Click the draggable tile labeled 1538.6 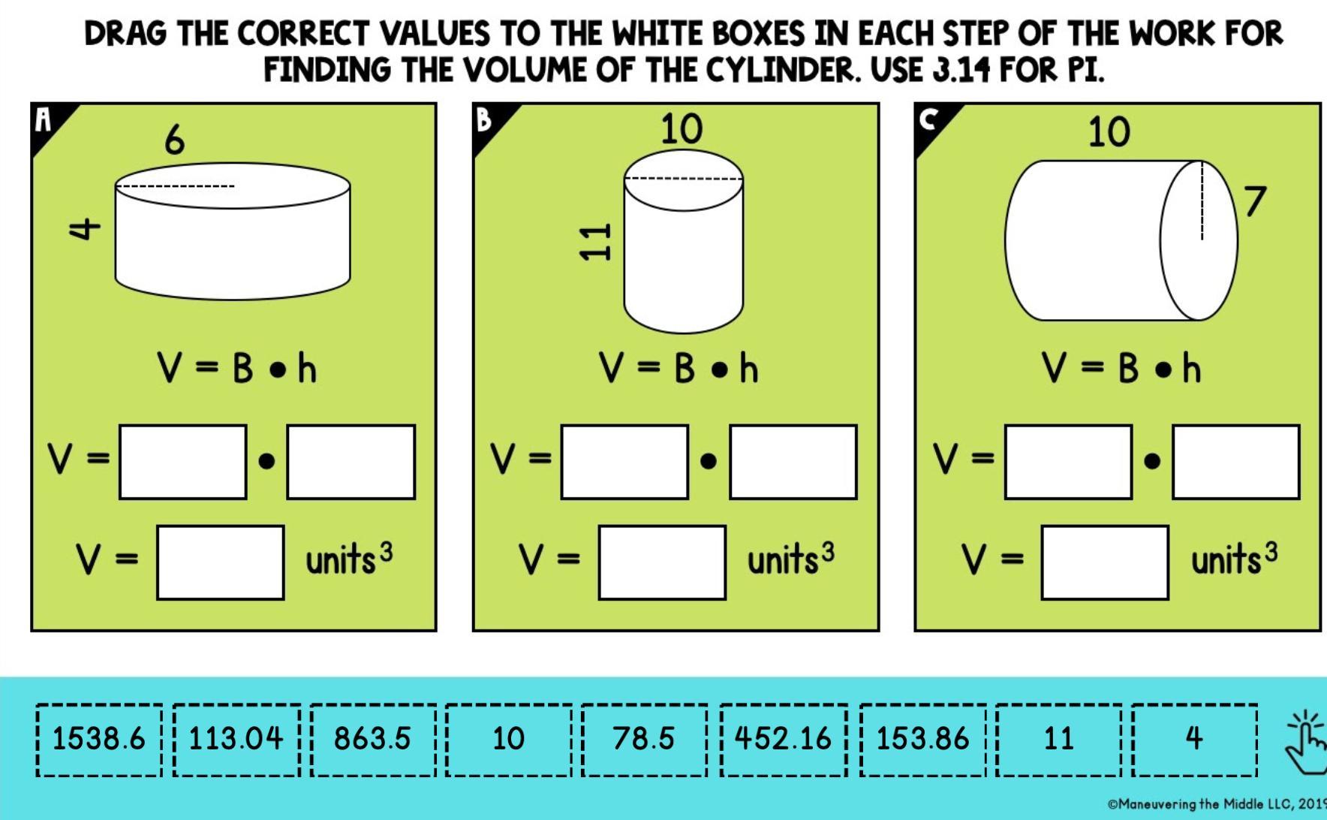click(x=99, y=740)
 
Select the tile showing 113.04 click(x=236, y=740)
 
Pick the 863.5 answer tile click(x=373, y=740)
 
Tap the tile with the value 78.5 click(x=644, y=740)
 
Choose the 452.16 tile click(x=784, y=740)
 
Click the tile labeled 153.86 click(x=923, y=740)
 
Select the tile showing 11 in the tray click(x=1059, y=740)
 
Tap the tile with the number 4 click(x=1195, y=740)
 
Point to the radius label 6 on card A click(x=174, y=140)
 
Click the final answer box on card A click(x=221, y=562)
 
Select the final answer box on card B click(x=662, y=562)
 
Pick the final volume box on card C click(x=1105, y=562)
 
